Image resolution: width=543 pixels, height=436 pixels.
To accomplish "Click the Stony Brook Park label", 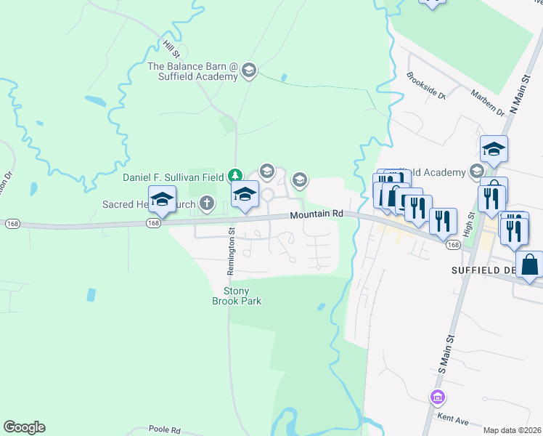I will click(x=236, y=296).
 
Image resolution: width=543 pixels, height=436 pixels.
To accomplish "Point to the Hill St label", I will click(x=171, y=49).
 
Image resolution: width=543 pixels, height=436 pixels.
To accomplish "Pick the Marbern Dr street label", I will click(x=486, y=102).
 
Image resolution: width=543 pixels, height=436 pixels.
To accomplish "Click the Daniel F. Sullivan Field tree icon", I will click(x=234, y=176).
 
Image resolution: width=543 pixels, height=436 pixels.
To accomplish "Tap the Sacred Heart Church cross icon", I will click(x=207, y=203).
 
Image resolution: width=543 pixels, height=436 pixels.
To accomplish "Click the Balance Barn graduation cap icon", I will click(x=249, y=70).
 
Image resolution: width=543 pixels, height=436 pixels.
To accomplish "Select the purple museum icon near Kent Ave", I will click(x=438, y=397).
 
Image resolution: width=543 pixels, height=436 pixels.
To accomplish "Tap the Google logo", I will click(x=24, y=427).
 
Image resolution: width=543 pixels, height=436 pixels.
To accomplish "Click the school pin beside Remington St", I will click(x=245, y=194).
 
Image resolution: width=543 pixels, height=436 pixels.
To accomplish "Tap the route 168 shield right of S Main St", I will click(x=454, y=245).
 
